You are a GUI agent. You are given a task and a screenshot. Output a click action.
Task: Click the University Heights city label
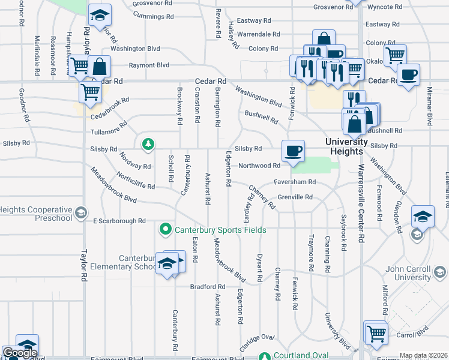[346, 146]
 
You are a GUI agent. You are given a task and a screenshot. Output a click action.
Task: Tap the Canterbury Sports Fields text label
[220, 230]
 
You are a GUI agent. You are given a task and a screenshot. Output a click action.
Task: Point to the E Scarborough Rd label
[119, 221]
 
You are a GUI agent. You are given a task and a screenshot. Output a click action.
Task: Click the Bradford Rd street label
[207, 287]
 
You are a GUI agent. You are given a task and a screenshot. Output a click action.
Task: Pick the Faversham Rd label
[295, 182]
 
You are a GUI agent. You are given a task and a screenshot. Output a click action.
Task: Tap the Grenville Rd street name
[295, 197]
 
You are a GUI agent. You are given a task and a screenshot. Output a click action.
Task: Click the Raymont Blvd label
[148, 65]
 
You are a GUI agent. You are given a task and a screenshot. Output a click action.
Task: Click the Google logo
[19, 353]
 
